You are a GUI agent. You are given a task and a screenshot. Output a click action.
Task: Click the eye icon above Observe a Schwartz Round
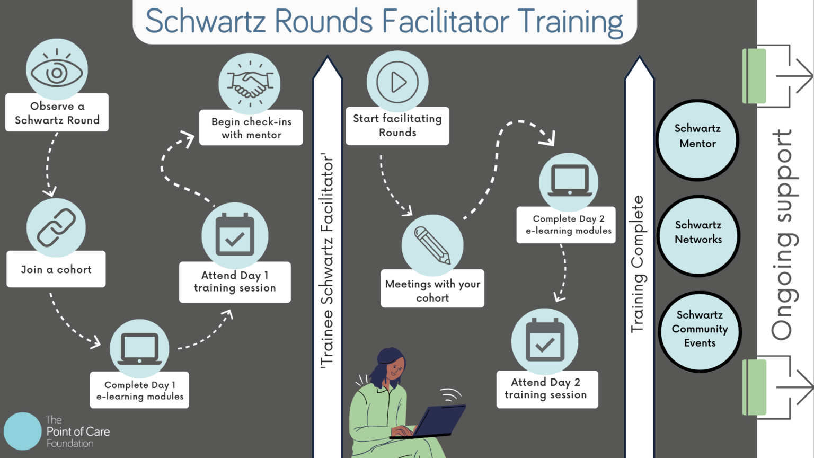click(57, 71)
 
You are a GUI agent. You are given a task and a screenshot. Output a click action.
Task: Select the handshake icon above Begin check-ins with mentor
click(250, 84)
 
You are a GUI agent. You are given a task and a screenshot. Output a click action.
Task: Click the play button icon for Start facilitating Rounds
click(397, 82)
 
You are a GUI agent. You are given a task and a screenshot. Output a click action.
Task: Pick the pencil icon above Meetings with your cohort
click(432, 245)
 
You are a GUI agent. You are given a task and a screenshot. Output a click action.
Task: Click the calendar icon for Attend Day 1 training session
click(235, 236)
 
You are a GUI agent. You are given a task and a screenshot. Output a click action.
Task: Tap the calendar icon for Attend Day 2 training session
click(544, 342)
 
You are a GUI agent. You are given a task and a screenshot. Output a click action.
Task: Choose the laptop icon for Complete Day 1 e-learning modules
click(139, 349)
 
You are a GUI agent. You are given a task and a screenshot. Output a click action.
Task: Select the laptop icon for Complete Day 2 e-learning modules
click(569, 182)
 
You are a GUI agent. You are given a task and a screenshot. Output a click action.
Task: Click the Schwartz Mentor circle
click(697, 140)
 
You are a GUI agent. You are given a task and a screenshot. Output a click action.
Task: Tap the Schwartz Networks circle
click(698, 236)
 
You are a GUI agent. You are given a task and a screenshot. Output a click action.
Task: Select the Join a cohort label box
click(56, 269)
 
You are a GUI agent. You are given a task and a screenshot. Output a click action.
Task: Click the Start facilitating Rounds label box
click(397, 126)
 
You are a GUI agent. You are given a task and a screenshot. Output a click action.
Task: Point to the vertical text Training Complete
click(638, 263)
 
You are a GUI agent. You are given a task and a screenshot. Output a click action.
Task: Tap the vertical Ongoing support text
click(782, 233)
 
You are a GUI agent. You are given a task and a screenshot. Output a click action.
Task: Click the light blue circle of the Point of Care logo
click(23, 431)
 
